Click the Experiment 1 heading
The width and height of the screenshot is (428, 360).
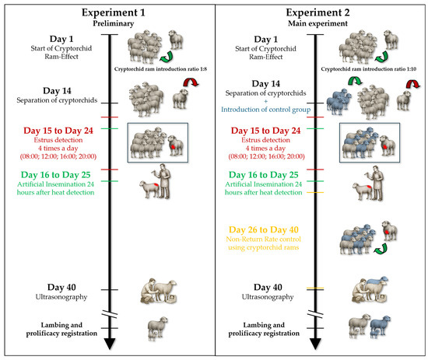point(114,12)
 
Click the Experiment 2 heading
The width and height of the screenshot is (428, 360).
point(317,12)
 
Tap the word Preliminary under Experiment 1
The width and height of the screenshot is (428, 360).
point(114,23)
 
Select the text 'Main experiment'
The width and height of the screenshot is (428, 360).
point(317,23)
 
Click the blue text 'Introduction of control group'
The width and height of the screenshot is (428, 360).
point(266,110)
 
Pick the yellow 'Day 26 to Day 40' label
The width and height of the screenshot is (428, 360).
point(264,229)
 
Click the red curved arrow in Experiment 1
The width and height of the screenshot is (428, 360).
point(191,82)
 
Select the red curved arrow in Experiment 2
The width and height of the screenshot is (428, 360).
point(412,83)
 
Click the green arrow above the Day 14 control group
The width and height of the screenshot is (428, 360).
point(355,81)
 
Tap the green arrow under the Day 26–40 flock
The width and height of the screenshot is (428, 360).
point(381,249)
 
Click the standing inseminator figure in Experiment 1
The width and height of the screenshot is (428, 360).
point(164,181)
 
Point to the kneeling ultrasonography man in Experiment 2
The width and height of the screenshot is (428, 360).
point(360,292)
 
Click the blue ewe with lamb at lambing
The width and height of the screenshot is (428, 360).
point(381,327)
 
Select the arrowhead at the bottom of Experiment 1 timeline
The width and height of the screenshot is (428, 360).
point(110,344)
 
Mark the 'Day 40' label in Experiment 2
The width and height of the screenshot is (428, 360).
point(268,287)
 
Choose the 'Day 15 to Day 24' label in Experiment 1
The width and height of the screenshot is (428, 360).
point(58,131)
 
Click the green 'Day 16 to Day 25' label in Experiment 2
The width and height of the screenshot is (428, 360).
point(263,175)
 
